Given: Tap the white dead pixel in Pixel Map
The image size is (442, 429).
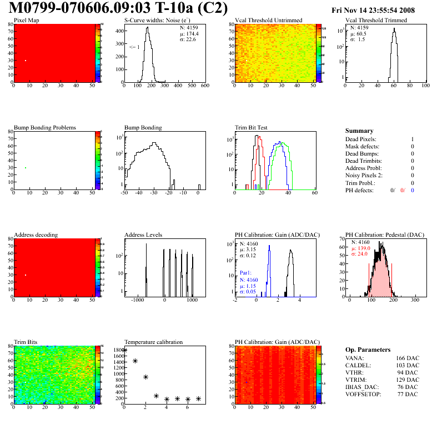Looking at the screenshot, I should click(26, 61).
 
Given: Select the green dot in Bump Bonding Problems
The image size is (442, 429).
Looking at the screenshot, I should click(26, 168).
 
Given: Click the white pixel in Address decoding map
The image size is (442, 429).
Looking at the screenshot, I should click(26, 275).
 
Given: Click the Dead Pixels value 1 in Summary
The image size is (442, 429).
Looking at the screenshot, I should click(413, 139).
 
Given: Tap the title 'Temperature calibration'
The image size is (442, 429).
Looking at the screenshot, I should click(153, 342).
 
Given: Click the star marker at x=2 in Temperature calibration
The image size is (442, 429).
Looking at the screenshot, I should click(145, 377).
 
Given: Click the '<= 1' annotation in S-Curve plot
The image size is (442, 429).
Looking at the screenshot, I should click(134, 47).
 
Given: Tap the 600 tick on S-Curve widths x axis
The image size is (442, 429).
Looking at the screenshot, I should click(204, 86).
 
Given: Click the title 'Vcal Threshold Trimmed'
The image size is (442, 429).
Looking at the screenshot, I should click(375, 21).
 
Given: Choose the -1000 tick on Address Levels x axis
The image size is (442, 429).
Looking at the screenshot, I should click(136, 300).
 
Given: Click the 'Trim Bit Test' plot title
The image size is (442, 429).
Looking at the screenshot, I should click(252, 127).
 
